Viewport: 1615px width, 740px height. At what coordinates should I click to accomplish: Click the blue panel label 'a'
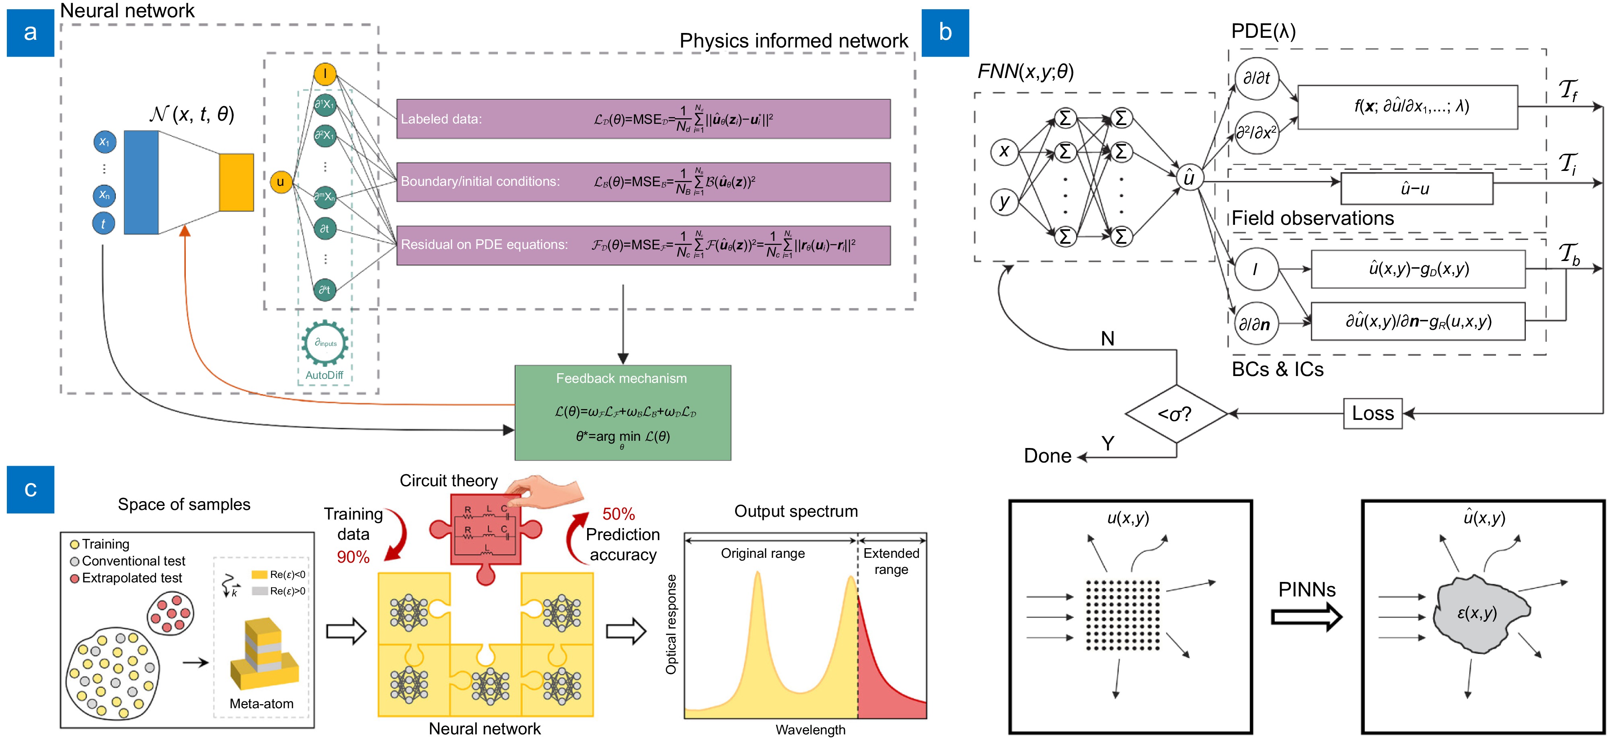click(30, 33)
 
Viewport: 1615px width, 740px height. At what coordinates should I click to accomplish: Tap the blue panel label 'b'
click(945, 33)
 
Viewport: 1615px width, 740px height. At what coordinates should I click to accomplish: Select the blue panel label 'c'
click(30, 489)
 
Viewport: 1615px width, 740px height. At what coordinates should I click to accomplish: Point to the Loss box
click(1373, 413)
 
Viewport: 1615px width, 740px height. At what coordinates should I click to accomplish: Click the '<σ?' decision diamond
click(1175, 414)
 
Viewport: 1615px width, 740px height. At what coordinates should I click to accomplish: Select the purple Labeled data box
click(643, 119)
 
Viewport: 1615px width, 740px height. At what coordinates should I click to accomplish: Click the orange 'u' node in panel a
click(281, 182)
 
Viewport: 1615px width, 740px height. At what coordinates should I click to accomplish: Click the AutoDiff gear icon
click(325, 343)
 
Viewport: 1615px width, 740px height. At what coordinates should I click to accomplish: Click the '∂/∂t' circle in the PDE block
click(1256, 78)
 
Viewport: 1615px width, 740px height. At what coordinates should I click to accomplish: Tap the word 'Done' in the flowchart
click(1047, 456)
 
